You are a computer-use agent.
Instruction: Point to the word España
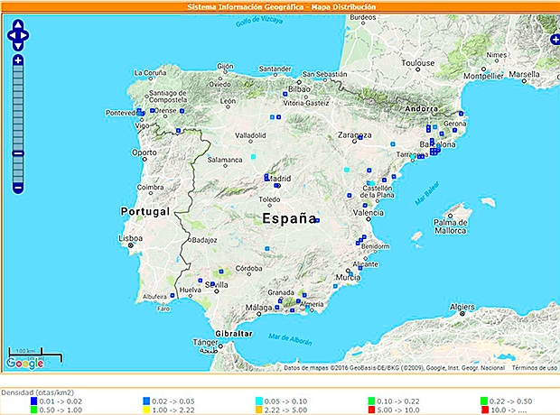(x=290, y=218)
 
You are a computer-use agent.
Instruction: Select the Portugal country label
(x=145, y=211)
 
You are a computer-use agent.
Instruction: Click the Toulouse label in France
(x=418, y=62)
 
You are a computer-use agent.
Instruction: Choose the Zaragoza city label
(x=355, y=135)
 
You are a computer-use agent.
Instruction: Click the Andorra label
(x=421, y=109)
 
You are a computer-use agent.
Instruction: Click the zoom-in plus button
(x=18, y=60)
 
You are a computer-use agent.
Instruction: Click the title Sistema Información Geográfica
(x=245, y=6)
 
